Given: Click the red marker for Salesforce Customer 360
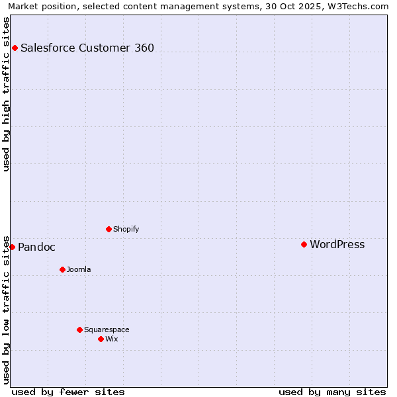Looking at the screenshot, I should tap(15, 48).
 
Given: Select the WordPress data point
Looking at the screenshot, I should tap(304, 244).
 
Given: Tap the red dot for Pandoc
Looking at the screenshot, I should tap(12, 247).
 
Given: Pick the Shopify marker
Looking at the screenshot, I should tap(109, 229).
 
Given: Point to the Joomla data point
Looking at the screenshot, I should tap(62, 269).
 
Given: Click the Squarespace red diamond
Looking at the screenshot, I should tap(79, 330).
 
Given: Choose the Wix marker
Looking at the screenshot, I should tap(101, 339).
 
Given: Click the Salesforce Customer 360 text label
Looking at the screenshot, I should tap(87, 48).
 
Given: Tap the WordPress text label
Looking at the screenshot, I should tap(337, 244).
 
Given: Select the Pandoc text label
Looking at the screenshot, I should tap(36, 247).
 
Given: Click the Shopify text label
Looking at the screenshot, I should tap(126, 229).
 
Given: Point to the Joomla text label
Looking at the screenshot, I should tap(79, 269).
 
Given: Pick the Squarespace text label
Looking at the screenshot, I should tap(107, 330).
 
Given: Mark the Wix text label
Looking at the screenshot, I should tap(111, 339).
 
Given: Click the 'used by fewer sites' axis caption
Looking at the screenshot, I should tap(68, 392).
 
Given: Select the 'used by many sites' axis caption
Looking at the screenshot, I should tap(332, 392).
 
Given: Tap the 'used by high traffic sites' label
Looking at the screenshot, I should tap(6, 94).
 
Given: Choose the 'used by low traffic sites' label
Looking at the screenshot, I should tap(6, 309).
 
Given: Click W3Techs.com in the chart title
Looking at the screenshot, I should tap(356, 6).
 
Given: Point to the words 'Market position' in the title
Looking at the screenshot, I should tap(38, 6).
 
